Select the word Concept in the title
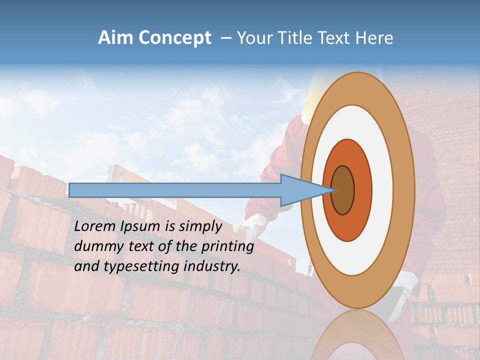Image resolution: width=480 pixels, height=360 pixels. coord(175,38)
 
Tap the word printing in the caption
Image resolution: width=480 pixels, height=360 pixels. coord(227,247)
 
